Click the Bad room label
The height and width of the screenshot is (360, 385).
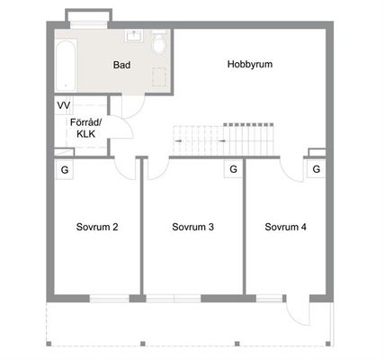pos(121,65)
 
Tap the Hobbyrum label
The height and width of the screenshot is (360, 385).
pos(250,64)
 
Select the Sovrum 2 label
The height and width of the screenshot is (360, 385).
pos(97,227)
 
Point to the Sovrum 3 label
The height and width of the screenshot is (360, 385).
pos(192,227)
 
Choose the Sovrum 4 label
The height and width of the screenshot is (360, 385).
pos(285,227)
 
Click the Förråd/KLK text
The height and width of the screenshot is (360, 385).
pos(86,128)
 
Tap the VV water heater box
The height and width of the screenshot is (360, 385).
pos(64,105)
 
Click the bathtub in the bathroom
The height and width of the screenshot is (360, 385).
pos(66,66)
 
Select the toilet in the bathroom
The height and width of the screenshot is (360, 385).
pos(159,43)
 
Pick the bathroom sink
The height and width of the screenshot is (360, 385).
pos(134,36)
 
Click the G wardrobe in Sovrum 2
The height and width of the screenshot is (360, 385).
pos(64,170)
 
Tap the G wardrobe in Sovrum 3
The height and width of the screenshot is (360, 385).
pos(233,169)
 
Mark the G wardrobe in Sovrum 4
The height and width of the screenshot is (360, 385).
pos(316,169)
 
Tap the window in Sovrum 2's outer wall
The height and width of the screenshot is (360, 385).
pos(110,299)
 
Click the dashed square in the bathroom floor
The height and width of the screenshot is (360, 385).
pos(159,77)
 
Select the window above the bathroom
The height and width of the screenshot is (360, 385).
pos(89,24)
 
